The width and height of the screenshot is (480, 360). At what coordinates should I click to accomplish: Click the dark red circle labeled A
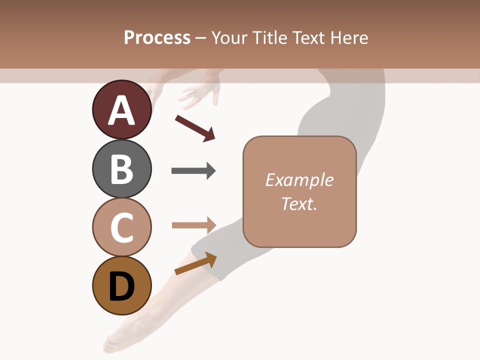[121, 109]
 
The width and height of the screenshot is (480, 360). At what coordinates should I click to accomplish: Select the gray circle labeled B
[121, 168]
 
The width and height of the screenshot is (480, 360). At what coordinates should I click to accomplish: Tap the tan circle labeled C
[121, 227]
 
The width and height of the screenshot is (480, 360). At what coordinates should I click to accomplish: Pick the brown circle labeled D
[121, 286]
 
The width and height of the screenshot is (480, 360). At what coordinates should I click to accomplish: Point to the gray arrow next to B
[193, 171]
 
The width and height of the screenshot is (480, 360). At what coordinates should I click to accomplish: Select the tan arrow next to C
[194, 225]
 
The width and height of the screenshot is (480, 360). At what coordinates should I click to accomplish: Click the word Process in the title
[157, 37]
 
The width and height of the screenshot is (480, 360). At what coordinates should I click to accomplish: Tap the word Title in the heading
[269, 37]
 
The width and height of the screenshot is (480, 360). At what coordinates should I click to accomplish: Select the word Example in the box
[299, 180]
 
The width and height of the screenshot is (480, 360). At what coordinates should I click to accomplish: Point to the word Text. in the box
[299, 204]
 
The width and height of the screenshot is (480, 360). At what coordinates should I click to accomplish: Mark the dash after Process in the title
[201, 38]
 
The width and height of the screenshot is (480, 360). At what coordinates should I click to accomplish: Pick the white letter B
[121, 169]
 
